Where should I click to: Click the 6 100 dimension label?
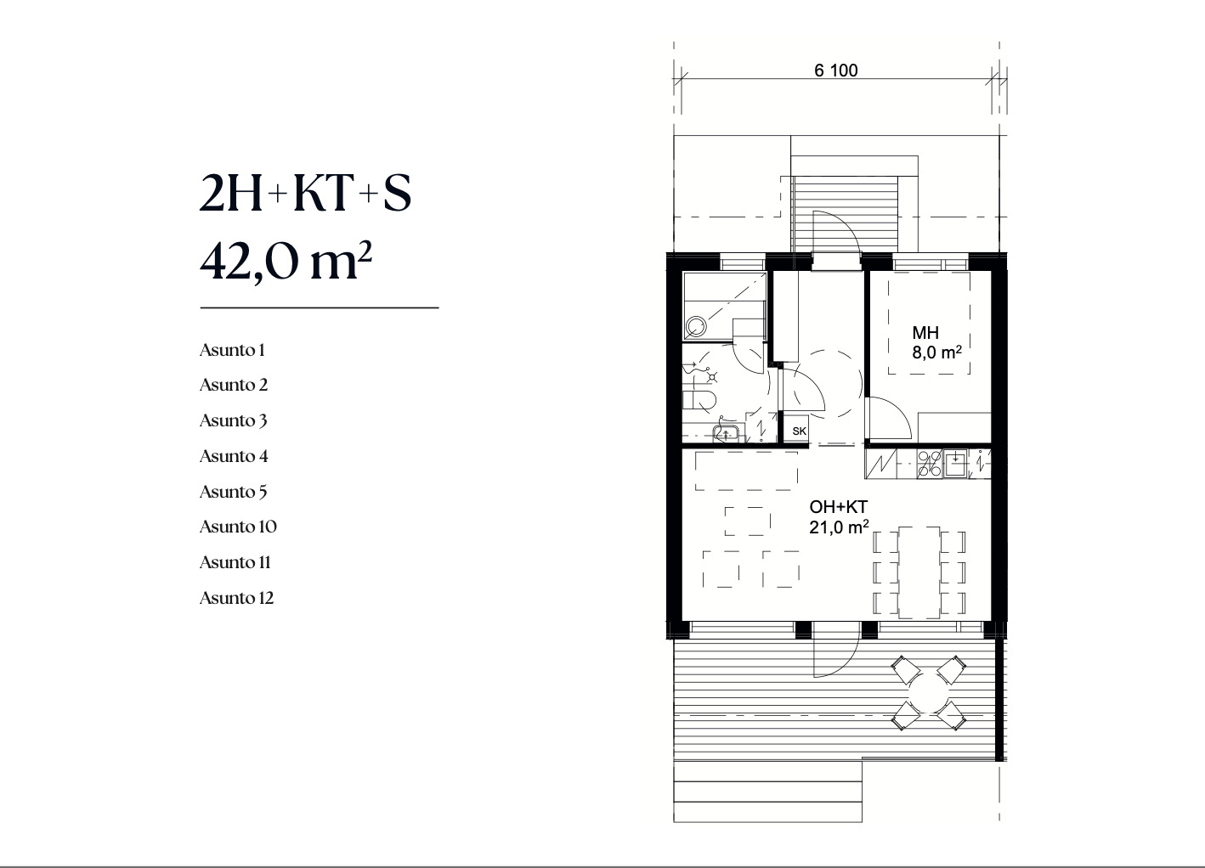coord(836,70)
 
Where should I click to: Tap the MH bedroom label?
coord(925,333)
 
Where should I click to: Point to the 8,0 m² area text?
coord(936,352)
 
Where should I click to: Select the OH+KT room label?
coord(838,506)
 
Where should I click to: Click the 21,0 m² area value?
coord(839,527)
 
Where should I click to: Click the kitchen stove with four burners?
coord(930,464)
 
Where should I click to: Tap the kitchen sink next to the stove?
coord(955,464)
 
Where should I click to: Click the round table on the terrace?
coord(929,693)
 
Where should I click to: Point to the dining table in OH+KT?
coord(919,572)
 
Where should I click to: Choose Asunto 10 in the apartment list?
coord(238,527)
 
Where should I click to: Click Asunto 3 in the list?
coord(234,420)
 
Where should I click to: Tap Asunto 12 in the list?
coord(237,597)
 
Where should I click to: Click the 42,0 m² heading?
coord(286,262)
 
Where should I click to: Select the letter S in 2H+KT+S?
coord(398,193)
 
